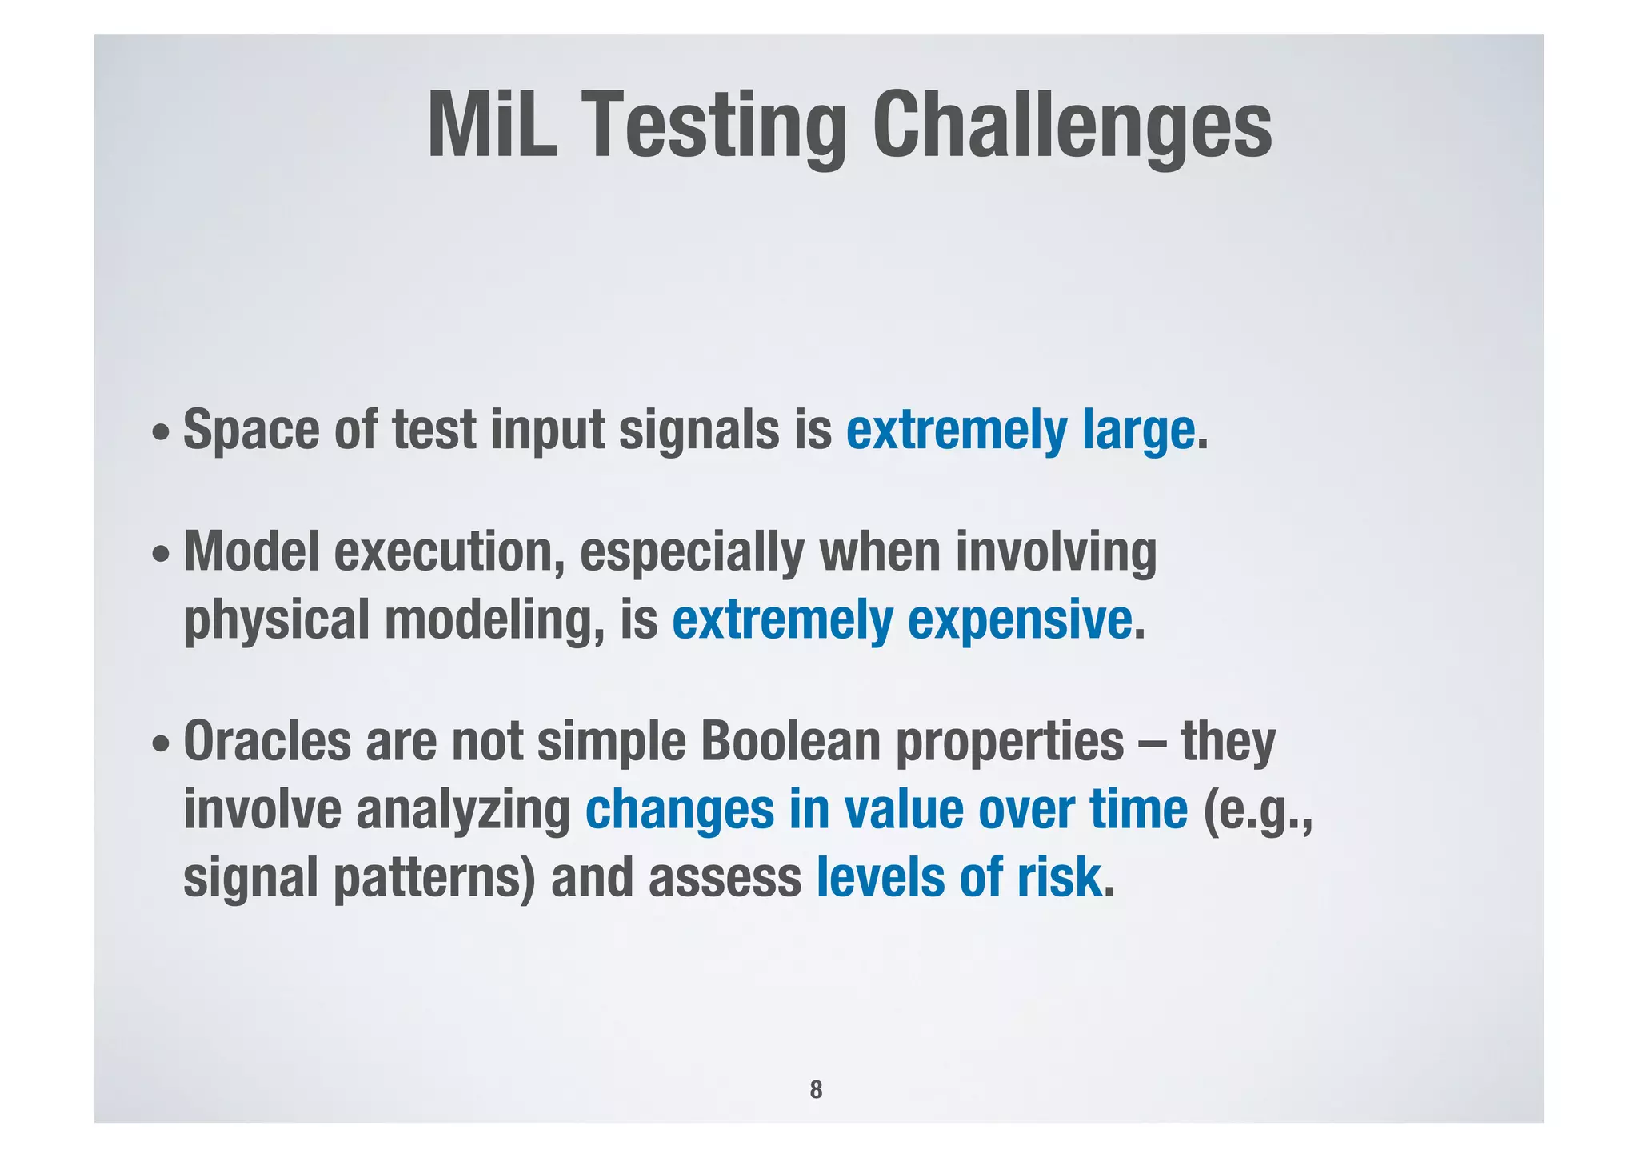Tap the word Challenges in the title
click(x=1072, y=126)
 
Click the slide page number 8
click(x=816, y=1089)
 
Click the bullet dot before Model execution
click(x=161, y=555)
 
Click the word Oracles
click(x=267, y=742)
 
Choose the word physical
click(x=276, y=620)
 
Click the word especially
click(x=692, y=552)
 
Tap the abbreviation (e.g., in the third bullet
click(x=1257, y=810)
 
